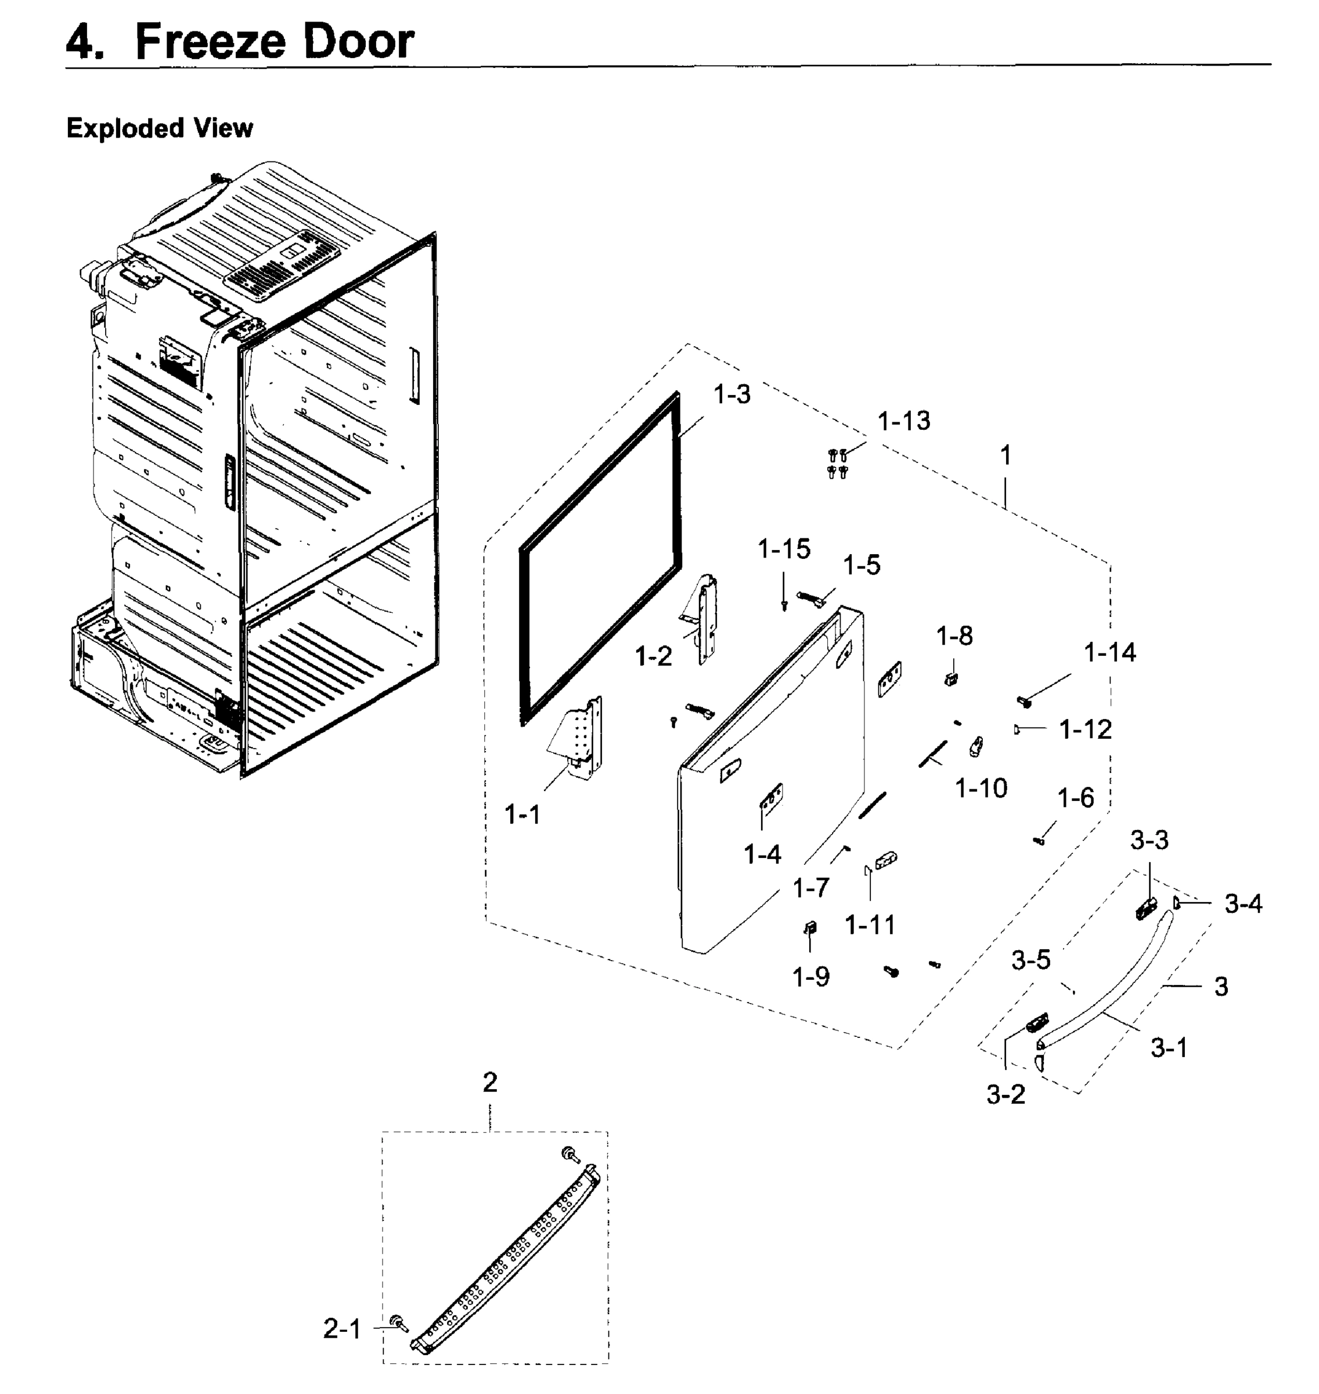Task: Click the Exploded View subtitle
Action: pyautogui.click(x=160, y=129)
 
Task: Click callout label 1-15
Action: pyautogui.click(x=783, y=549)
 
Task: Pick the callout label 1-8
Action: pyautogui.click(x=954, y=637)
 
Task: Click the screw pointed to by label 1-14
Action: pyautogui.click(x=1024, y=701)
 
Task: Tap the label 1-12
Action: pyautogui.click(x=1086, y=730)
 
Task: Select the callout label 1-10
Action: pyautogui.click(x=981, y=788)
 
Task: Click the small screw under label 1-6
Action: pyautogui.click(x=1039, y=840)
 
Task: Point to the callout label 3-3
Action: pyautogui.click(x=1149, y=840)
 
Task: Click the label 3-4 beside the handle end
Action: pyautogui.click(x=1243, y=904)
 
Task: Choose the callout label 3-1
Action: pyautogui.click(x=1169, y=1048)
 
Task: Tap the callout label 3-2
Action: pyautogui.click(x=1006, y=1094)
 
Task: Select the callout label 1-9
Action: pyautogui.click(x=810, y=977)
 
